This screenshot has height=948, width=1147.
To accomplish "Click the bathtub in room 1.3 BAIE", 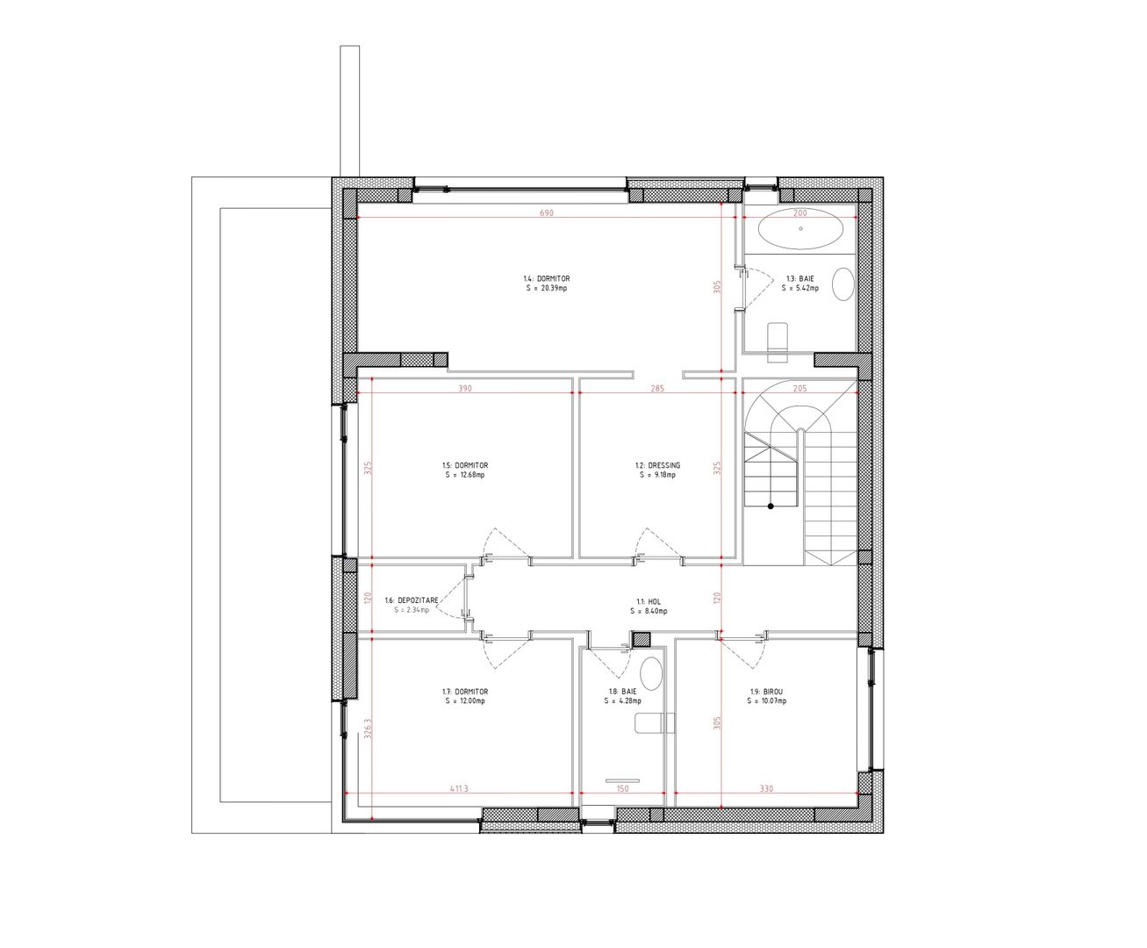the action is coord(801,228).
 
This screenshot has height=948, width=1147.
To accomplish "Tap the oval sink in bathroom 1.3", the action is coord(843,284).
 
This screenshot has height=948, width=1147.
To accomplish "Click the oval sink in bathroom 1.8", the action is coord(651,673).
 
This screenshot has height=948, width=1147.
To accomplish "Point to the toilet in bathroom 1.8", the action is coord(655,722).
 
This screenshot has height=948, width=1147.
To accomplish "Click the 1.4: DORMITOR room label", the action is coord(547,278).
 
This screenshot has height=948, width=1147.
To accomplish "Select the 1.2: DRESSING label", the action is coord(657,465).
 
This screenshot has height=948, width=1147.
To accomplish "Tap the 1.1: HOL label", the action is coord(649,602).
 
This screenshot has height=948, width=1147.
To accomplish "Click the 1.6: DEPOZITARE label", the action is coord(412,600).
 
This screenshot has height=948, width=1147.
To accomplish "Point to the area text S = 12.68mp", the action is coord(465,475).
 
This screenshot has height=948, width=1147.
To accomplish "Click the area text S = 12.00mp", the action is coord(465,700).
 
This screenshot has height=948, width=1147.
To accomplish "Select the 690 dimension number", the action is coord(547,212).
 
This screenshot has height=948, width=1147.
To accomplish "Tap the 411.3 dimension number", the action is coord(459,788).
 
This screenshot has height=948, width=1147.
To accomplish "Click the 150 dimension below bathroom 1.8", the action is coord(622,788).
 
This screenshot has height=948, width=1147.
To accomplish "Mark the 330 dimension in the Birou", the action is coord(766,788).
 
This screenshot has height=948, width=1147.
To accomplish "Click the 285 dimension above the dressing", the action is coord(657,389).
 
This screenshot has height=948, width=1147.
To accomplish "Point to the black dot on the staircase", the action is coord(771,506).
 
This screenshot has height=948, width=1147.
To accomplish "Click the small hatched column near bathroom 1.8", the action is coord(641,639).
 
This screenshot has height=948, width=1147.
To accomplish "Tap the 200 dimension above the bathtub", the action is coord(801,212).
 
